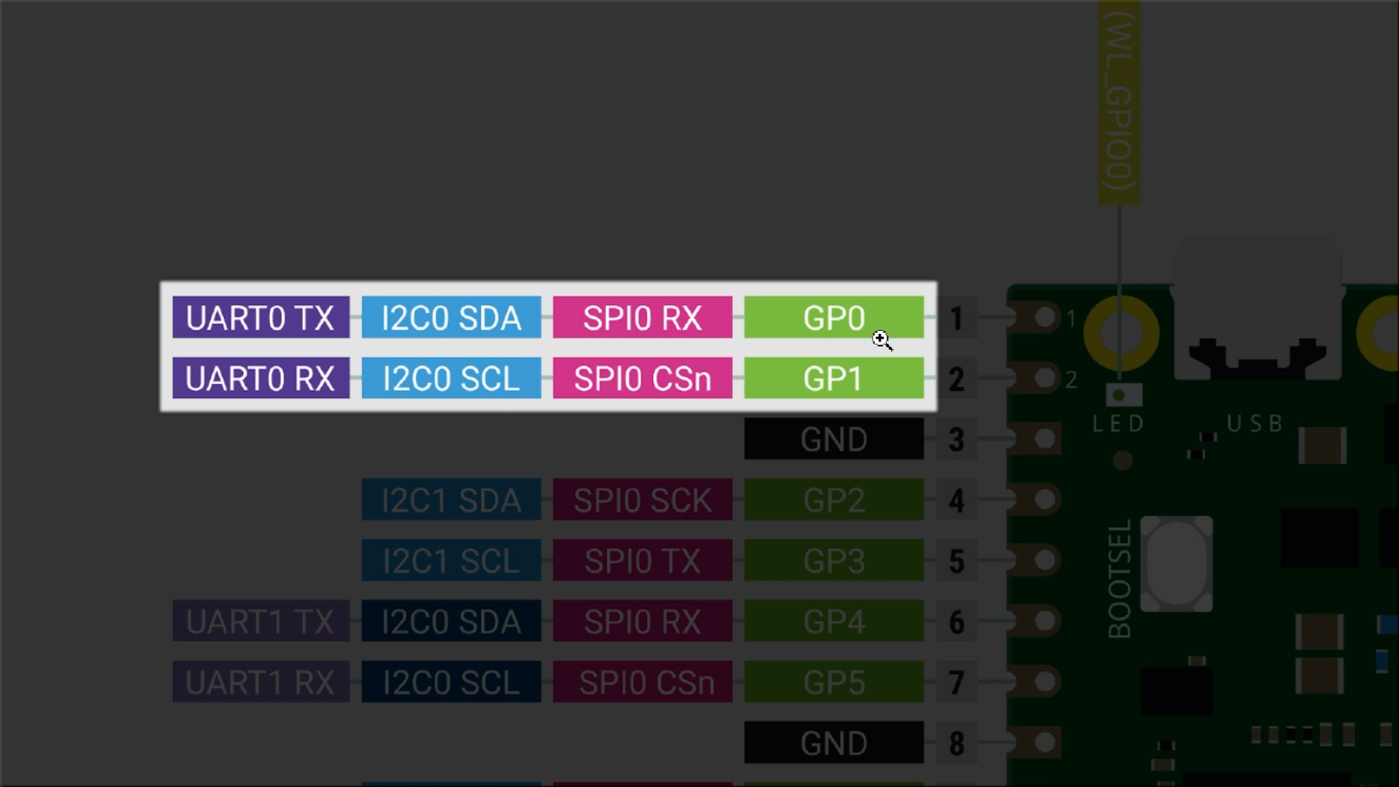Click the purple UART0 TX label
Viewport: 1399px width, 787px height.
260,318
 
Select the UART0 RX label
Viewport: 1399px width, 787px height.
260,378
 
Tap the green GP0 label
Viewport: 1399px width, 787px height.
833,318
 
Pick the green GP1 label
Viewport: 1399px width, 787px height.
833,378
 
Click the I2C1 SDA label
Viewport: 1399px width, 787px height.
451,499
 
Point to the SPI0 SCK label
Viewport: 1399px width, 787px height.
642,499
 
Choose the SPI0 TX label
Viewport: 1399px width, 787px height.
642,560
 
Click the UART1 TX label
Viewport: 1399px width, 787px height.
260,621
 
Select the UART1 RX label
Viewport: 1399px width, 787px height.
260,682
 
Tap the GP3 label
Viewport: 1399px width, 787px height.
833,560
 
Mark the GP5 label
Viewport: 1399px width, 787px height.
833,682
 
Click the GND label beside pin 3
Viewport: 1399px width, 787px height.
833,439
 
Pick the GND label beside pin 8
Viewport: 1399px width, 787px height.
833,743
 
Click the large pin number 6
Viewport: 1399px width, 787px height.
956,622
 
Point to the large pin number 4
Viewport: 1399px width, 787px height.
956,500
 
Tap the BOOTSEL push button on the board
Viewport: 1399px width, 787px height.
1176,564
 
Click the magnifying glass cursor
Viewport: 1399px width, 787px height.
881,340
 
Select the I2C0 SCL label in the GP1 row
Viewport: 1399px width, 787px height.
451,378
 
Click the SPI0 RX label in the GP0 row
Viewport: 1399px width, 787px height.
642,318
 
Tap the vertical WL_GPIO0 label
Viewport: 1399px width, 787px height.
1118,102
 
